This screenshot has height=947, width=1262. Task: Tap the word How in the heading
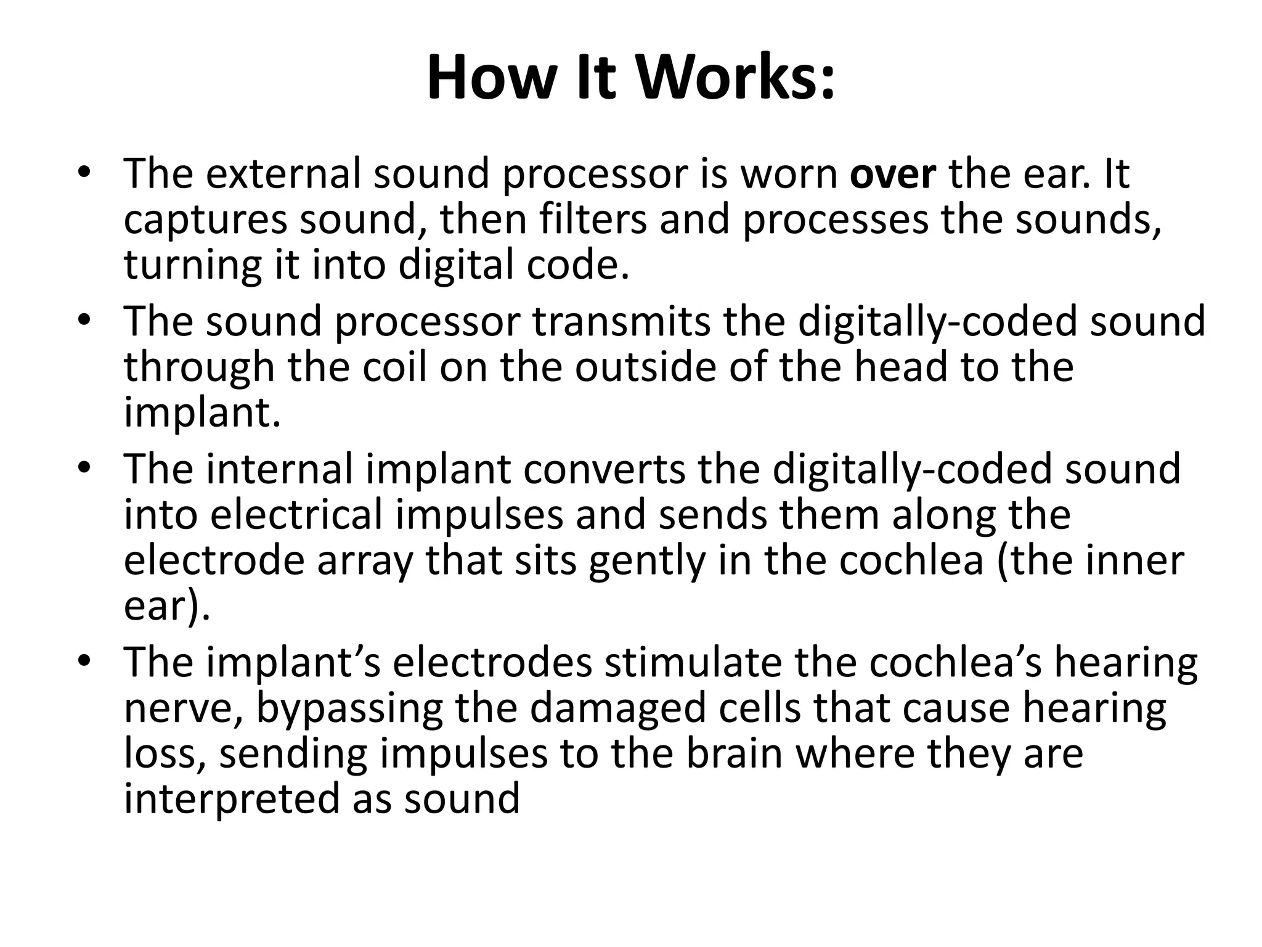[487, 79]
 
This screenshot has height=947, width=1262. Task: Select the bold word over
[893, 174]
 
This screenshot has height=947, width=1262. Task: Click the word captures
[205, 220]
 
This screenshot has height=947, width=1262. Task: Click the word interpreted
[232, 800]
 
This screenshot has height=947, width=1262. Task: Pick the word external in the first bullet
[283, 174]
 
